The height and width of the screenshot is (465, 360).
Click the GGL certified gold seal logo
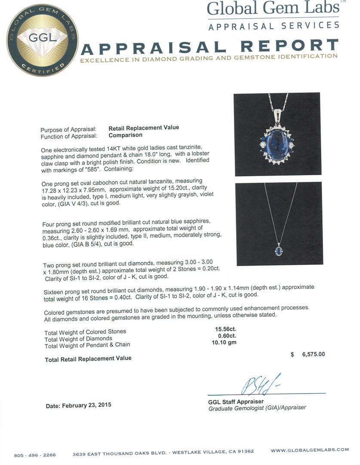click(x=42, y=40)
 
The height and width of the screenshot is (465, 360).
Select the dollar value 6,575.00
click(x=308, y=354)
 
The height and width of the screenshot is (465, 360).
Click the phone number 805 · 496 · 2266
click(x=35, y=455)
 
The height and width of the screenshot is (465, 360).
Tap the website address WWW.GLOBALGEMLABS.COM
click(x=310, y=450)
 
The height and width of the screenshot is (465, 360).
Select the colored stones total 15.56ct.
click(x=225, y=329)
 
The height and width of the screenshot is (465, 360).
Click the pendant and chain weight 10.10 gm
click(x=224, y=343)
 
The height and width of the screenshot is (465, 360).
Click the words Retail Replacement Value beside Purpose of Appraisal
click(x=144, y=127)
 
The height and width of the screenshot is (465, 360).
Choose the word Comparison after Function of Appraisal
click(x=126, y=135)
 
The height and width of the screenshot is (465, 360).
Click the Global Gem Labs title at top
click(x=273, y=9)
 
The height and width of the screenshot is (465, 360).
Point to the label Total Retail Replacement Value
click(x=88, y=359)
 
